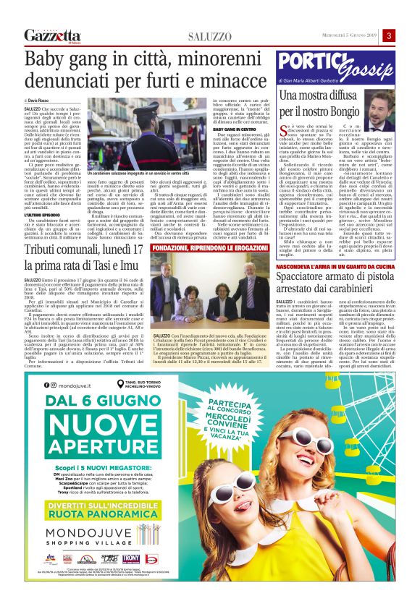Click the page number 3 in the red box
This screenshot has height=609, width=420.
pyautogui.click(x=389, y=36)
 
